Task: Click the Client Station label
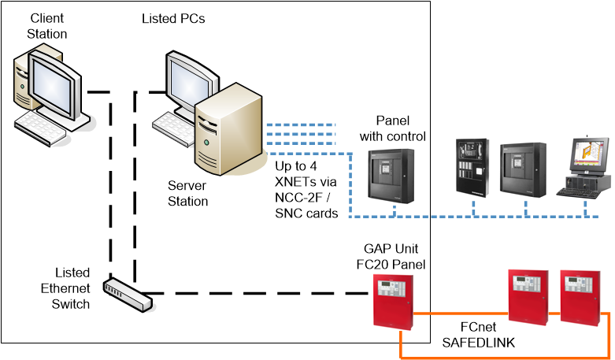[47, 25]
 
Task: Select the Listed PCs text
[173, 18]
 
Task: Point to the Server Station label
[188, 194]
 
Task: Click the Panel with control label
[393, 128]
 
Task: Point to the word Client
[47, 18]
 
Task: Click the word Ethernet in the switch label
[66, 290]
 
